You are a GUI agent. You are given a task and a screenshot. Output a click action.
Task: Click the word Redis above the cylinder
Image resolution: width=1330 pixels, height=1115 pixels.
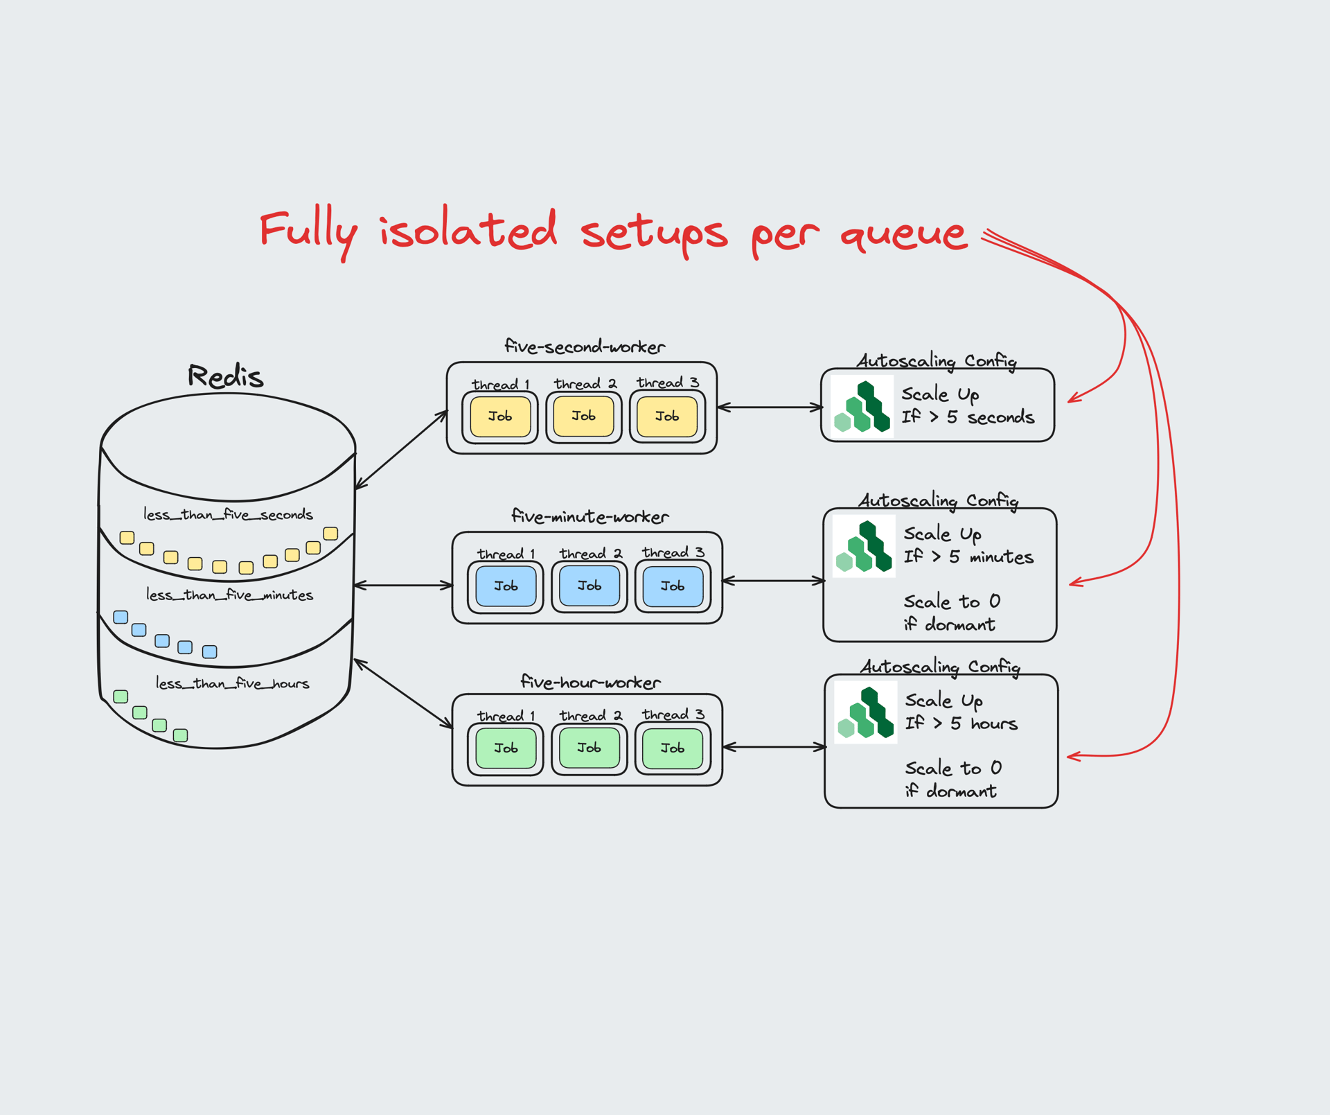click(x=226, y=377)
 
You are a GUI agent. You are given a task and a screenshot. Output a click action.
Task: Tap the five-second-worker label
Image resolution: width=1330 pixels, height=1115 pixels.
click(x=585, y=346)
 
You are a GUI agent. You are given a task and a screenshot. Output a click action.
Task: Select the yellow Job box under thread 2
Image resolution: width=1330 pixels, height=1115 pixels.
click(x=583, y=416)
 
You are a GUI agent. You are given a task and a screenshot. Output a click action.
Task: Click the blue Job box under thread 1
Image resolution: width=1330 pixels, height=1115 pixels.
click(x=506, y=586)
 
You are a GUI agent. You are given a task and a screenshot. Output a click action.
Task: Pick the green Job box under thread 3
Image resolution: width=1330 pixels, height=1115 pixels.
click(x=673, y=748)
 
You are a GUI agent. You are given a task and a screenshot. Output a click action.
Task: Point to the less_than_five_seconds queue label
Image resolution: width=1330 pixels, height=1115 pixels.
click(x=228, y=515)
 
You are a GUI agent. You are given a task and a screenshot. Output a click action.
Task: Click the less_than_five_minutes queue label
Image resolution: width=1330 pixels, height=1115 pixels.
click(x=229, y=595)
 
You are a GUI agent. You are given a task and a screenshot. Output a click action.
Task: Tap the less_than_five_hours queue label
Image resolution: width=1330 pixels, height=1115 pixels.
click(x=232, y=684)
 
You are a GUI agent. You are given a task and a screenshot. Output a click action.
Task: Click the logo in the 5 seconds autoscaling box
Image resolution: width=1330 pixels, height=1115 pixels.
click(x=862, y=407)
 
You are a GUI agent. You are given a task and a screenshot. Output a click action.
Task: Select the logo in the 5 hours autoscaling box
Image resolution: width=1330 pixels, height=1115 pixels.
click(x=866, y=712)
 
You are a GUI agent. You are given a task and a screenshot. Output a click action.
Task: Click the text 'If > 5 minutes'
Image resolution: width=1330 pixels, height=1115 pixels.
click(x=968, y=557)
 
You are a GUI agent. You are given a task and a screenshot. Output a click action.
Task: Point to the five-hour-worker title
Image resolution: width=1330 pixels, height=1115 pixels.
click(x=590, y=683)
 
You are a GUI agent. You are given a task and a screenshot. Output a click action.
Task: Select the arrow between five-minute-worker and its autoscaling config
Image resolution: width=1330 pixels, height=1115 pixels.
click(x=773, y=581)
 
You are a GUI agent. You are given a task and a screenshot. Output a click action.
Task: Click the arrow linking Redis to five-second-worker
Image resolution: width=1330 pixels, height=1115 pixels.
click(x=402, y=450)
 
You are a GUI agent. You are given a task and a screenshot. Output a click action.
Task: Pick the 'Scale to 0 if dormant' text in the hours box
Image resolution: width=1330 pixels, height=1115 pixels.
click(x=952, y=780)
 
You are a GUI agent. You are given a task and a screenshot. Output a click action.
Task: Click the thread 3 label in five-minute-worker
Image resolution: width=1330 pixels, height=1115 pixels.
click(x=673, y=552)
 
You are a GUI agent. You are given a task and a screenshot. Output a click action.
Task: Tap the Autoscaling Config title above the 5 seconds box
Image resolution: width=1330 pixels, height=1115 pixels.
click(x=937, y=361)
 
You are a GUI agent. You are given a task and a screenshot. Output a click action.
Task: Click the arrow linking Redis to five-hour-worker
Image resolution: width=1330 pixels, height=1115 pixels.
click(x=402, y=694)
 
